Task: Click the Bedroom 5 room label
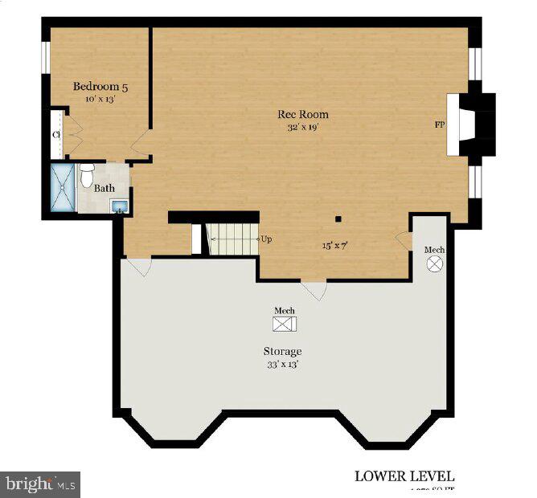point(100,86)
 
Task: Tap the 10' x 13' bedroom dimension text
point(100,99)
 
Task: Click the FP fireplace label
point(439,124)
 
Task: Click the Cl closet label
point(56,135)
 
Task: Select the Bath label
point(104,189)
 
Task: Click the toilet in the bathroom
point(87,174)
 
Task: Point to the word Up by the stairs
point(266,239)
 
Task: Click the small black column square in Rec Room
point(338,218)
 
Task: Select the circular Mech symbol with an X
point(435,263)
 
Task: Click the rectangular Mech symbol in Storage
point(285,324)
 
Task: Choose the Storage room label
point(283,351)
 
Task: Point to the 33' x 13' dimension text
point(283,364)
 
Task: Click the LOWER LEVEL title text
point(404,476)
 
